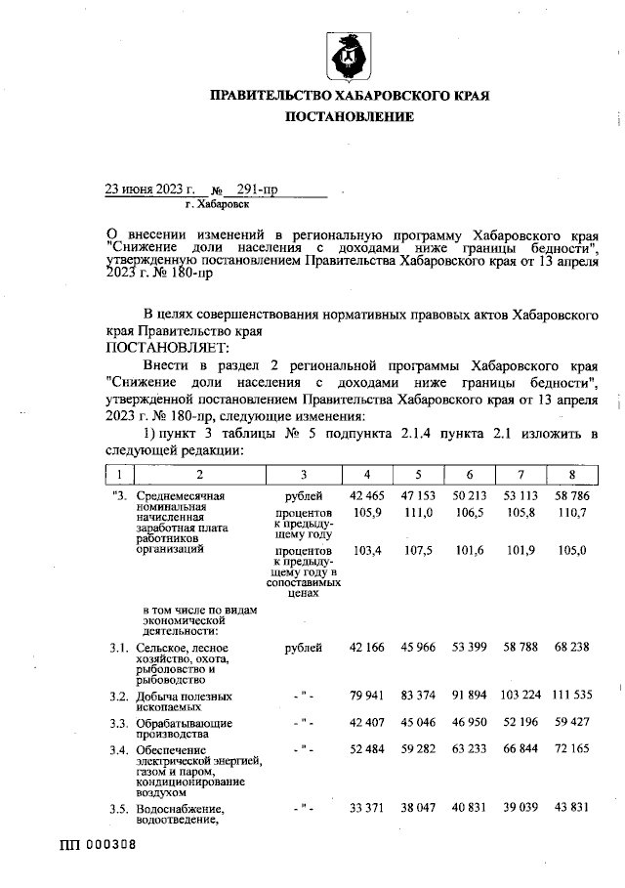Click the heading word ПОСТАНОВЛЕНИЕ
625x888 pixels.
(349, 117)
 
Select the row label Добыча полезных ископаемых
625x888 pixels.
(185, 701)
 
